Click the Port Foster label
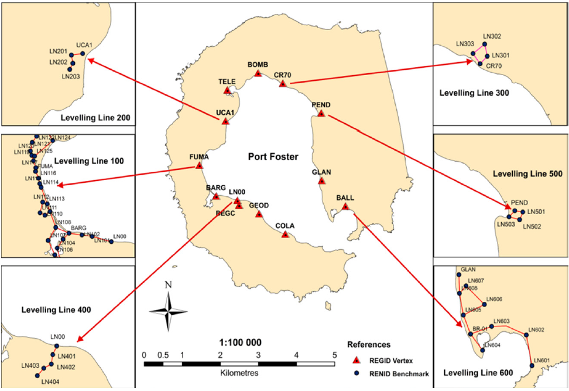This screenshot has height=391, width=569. (x=273, y=157)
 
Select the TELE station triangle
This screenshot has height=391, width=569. (x=227, y=90)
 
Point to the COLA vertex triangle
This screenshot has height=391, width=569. (x=285, y=234)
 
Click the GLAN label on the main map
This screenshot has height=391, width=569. (x=321, y=172)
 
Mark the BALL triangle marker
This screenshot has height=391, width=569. (x=345, y=206)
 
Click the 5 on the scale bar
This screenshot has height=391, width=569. (x=334, y=355)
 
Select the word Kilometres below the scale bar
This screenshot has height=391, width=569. (x=239, y=372)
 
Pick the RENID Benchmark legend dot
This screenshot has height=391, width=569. (x=353, y=373)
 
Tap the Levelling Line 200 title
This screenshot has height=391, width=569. (x=95, y=118)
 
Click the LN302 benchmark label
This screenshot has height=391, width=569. (x=492, y=36)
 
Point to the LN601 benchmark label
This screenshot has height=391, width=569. (x=542, y=361)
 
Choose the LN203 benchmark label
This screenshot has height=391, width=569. (x=70, y=76)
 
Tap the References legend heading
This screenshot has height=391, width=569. (x=368, y=344)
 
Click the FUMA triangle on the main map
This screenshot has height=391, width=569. (x=199, y=165)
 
